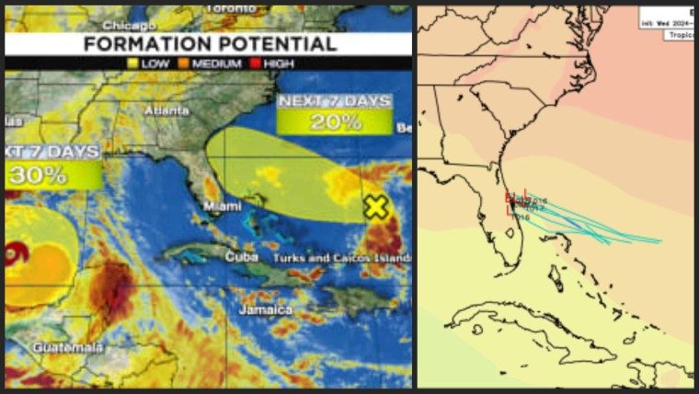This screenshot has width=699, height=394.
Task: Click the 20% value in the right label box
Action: coord(335,121)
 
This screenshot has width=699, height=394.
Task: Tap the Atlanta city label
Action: coord(166,110)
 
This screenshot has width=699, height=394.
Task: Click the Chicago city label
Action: coord(130,25)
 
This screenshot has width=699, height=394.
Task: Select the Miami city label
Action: coord(223,206)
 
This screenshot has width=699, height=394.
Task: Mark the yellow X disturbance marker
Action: coord(375,207)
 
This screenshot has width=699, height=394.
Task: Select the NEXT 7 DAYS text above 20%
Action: coord(335,101)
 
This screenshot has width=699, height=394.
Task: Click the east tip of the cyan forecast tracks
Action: coord(659,241)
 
